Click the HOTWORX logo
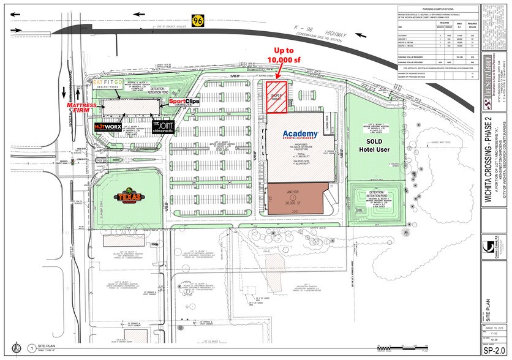coord(109,127)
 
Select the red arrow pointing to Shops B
coord(278,72)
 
